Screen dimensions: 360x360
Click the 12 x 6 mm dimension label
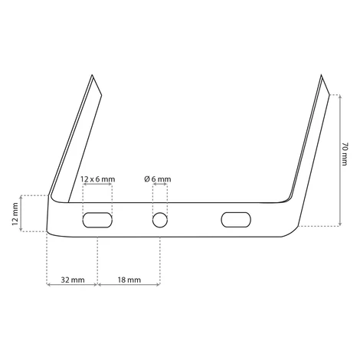(x=98, y=179)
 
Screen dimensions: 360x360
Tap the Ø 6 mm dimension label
(x=158, y=179)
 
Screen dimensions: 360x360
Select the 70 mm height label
(x=345, y=154)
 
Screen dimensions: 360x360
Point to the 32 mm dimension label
(x=73, y=280)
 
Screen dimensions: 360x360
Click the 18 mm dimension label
(x=129, y=280)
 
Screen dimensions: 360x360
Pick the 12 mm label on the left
(x=15, y=214)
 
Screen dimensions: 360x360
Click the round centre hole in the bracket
(x=160, y=220)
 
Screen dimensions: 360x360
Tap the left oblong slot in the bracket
(x=97, y=220)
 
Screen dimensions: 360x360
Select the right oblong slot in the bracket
(x=236, y=220)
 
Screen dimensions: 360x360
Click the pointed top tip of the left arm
(x=92, y=75)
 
